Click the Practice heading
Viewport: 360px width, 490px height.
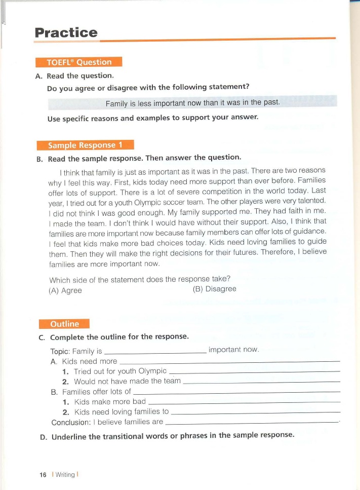click(x=66, y=33)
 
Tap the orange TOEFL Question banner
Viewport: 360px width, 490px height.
click(x=79, y=62)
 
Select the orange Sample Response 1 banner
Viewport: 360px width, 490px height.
click(x=85, y=145)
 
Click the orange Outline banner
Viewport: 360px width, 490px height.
click(x=64, y=324)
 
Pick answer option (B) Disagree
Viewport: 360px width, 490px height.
click(x=214, y=289)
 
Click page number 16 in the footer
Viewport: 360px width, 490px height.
click(x=43, y=475)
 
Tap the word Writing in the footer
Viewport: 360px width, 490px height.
click(x=65, y=475)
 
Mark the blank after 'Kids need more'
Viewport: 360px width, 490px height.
click(x=228, y=362)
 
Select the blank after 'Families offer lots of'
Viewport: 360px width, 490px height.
click(x=236, y=392)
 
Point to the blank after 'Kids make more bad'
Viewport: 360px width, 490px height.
click(x=243, y=402)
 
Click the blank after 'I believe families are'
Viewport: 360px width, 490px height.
click(x=252, y=422)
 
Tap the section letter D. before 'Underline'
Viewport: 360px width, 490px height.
click(x=43, y=436)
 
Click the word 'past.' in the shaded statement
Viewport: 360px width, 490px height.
click(x=271, y=102)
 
